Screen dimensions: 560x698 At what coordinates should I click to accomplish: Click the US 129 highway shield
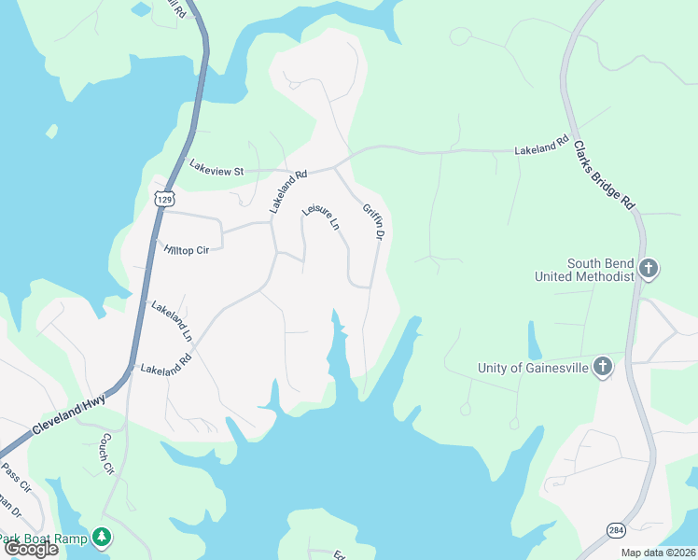[163, 199]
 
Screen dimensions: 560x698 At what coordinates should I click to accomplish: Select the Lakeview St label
[216, 170]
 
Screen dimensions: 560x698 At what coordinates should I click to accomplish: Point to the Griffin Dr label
[373, 223]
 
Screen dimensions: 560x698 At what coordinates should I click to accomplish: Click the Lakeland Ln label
[171, 320]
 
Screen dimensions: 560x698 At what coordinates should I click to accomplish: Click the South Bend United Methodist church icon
[649, 270]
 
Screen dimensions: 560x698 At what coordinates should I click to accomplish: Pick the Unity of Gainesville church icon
[603, 367]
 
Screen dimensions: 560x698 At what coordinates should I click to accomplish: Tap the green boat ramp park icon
[102, 538]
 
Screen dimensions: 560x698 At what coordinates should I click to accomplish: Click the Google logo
[31, 549]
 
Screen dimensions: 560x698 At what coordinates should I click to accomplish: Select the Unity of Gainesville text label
[533, 368]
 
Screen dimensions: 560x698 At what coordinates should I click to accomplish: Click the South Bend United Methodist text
[584, 270]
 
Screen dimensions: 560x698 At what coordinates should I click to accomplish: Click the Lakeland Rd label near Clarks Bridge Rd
[541, 147]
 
